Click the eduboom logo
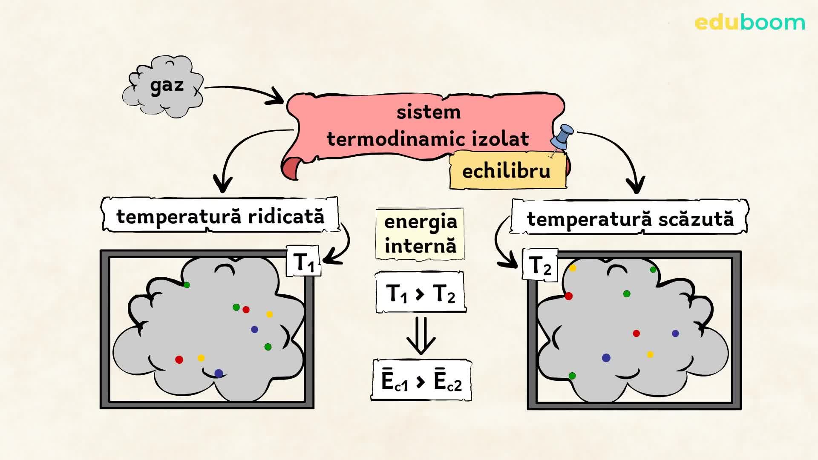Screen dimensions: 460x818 click(749, 23)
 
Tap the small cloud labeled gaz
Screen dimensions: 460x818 click(164, 86)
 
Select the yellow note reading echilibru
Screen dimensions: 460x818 click(507, 171)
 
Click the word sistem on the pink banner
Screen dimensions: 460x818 click(429, 112)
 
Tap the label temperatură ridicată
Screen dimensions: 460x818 click(220, 216)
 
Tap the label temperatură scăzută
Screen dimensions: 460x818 click(630, 219)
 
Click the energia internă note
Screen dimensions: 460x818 click(420, 234)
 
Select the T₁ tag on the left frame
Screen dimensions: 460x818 click(304, 261)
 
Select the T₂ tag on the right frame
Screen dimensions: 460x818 click(539, 265)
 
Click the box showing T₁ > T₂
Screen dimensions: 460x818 click(421, 293)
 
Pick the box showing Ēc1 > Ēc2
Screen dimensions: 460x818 click(421, 380)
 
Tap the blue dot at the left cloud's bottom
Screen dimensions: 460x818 click(219, 374)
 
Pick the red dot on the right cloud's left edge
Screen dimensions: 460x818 click(568, 296)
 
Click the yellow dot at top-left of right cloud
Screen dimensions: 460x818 click(573, 268)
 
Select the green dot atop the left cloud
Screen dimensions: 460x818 click(187, 285)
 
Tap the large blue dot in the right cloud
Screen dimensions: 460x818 click(606, 358)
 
